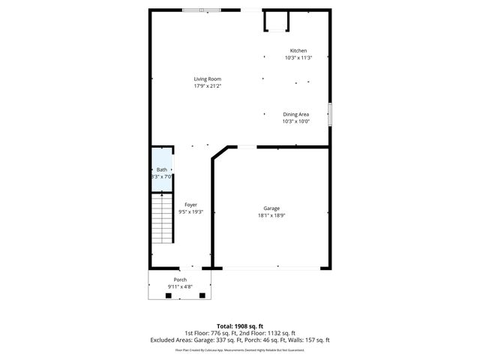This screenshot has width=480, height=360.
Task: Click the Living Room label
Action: click(x=207, y=79)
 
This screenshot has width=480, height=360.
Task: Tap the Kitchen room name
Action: click(x=298, y=50)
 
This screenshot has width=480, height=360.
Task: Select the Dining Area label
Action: click(x=295, y=114)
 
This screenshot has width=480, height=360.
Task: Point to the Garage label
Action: click(x=271, y=208)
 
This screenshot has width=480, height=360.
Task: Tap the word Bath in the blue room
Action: click(x=161, y=169)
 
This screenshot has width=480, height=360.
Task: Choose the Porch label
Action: click(x=180, y=279)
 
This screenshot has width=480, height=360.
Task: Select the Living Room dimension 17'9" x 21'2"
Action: click(x=207, y=85)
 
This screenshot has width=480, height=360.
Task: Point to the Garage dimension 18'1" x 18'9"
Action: click(x=271, y=216)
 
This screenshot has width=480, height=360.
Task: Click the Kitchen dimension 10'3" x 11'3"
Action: click(x=298, y=58)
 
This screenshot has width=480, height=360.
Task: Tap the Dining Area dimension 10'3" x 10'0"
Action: click(x=295, y=121)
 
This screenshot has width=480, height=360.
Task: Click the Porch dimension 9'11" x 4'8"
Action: click(x=180, y=286)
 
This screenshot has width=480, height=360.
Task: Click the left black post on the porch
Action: click(x=168, y=295)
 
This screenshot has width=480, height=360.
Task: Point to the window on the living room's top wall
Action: click(x=202, y=10)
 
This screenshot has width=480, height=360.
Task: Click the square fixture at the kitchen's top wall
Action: click(x=274, y=22)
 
